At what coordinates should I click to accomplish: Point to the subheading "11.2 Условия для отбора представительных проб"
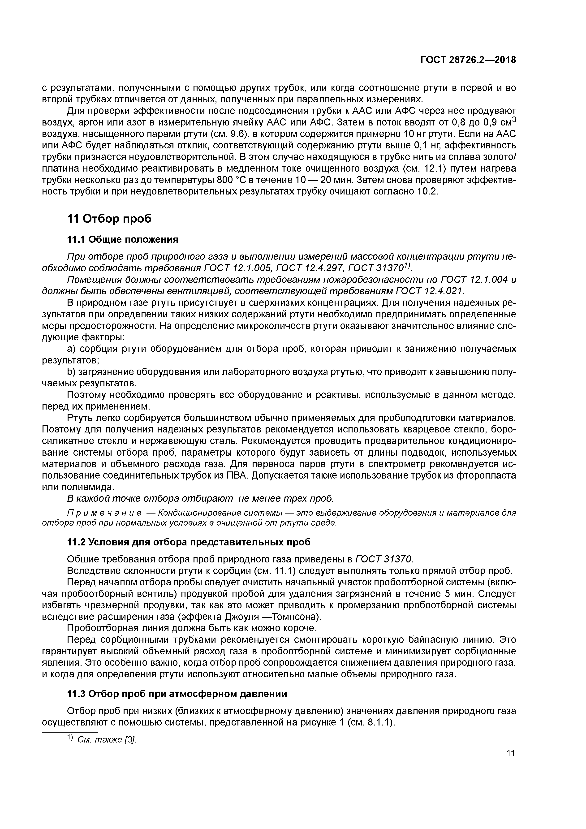189,542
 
